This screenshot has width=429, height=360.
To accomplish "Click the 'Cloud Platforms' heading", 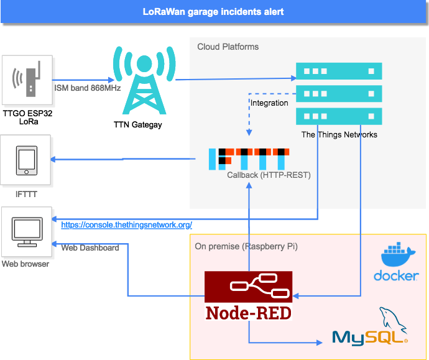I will pyautogui.click(x=228, y=47).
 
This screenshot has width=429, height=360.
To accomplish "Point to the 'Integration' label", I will pyautogui.click(x=269, y=103).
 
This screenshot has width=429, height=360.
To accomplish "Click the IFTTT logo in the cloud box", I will pyautogui.click(x=249, y=160).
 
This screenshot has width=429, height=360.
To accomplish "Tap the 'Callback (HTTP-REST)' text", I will pyautogui.click(x=269, y=175).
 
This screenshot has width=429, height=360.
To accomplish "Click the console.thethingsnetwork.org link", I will pyautogui.click(x=126, y=224).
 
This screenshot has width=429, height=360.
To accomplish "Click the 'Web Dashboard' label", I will pyautogui.click(x=90, y=247).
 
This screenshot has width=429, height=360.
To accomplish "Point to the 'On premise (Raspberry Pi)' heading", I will pyautogui.click(x=246, y=246).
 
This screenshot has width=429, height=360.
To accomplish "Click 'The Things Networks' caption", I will pyautogui.click(x=339, y=134).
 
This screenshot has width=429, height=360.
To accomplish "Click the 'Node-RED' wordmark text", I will pyautogui.click(x=249, y=312).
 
